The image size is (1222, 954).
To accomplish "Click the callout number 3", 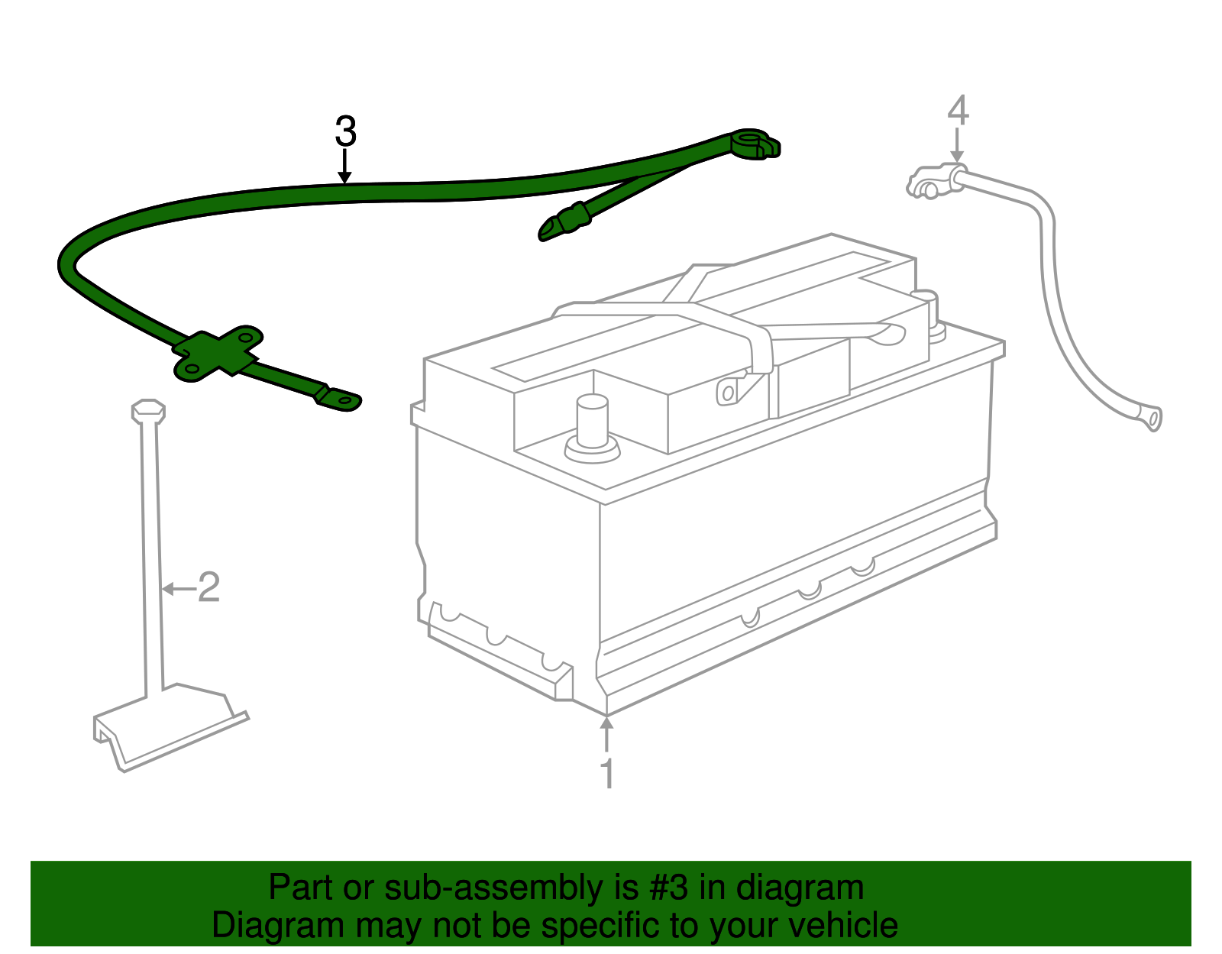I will click(x=345, y=132).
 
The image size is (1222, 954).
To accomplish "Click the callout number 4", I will click(x=958, y=111).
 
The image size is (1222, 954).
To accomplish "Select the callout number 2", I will click(x=209, y=587).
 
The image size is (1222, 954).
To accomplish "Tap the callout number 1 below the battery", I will click(x=607, y=774).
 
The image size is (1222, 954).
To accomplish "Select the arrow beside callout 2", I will click(x=178, y=588).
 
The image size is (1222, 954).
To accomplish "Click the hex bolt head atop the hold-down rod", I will click(x=148, y=410).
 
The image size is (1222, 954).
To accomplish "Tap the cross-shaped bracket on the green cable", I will click(x=218, y=353).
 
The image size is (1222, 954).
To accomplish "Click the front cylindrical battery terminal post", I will click(x=592, y=424).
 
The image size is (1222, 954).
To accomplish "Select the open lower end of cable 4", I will click(x=1152, y=418).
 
